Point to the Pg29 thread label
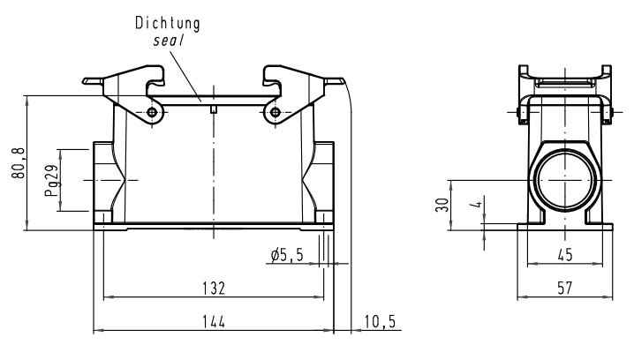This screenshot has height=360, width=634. pyautogui.click(x=52, y=180)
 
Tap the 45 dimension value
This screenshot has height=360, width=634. pyautogui.click(x=565, y=255)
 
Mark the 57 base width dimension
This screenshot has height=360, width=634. pyautogui.click(x=565, y=288)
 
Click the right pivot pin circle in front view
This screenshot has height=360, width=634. pyautogui.click(x=275, y=113)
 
